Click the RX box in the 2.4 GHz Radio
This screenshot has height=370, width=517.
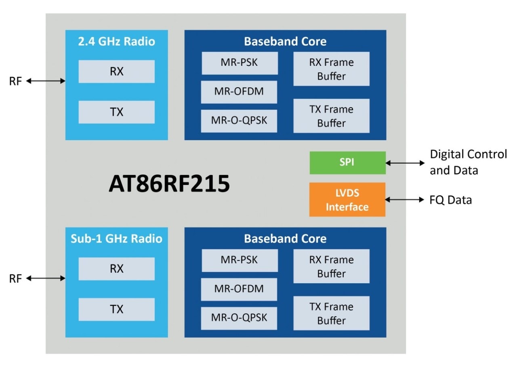click(116, 71)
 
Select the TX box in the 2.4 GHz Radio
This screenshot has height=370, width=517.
click(116, 112)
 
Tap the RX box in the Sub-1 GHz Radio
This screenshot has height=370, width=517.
click(116, 269)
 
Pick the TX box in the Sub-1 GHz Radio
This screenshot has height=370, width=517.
click(116, 309)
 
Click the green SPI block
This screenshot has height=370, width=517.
click(347, 163)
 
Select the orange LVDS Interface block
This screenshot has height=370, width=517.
click(347, 200)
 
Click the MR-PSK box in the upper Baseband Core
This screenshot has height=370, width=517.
click(240, 63)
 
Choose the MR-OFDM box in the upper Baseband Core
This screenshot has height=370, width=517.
click(239, 92)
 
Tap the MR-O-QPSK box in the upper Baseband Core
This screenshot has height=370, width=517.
click(239, 120)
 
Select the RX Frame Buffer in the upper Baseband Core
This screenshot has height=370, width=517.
click(331, 69)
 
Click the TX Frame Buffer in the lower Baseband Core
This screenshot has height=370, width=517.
click(331, 313)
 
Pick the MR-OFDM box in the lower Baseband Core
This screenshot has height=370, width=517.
click(239, 289)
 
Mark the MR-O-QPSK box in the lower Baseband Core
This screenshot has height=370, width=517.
click(239, 317)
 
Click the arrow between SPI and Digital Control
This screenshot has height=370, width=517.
click(405, 163)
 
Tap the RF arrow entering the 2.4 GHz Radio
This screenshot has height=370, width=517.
click(46, 81)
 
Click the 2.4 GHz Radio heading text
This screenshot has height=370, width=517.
click(116, 42)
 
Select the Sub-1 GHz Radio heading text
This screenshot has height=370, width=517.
click(116, 239)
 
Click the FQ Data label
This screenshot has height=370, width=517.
click(451, 200)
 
